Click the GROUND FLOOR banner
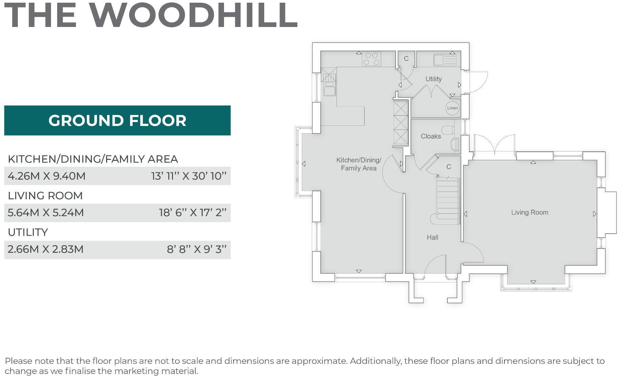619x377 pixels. click(117, 120)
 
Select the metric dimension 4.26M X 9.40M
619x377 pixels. click(47, 176)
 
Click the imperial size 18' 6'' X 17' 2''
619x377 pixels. click(193, 213)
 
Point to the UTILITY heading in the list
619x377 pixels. click(28, 232)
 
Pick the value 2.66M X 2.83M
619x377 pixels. click(45, 250)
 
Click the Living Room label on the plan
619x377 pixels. click(529, 212)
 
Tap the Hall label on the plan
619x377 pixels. click(432, 237)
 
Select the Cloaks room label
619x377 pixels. click(430, 136)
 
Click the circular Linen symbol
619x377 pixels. click(452, 108)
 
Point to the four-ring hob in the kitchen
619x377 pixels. click(371, 59)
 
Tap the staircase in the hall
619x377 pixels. click(448, 199)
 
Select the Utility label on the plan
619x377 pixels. click(433, 79)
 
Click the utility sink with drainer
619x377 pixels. click(445, 60)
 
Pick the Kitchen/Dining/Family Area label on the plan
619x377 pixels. click(358, 164)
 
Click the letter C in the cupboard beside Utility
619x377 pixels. click(406, 59)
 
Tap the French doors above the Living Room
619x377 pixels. click(494, 146)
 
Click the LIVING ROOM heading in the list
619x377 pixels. click(45, 196)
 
